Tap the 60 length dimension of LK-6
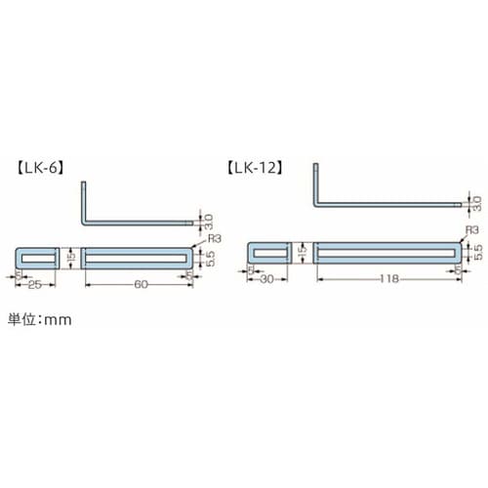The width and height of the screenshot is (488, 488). (140, 284)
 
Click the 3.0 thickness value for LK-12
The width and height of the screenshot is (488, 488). (476, 205)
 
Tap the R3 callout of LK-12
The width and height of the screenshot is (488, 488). (472, 229)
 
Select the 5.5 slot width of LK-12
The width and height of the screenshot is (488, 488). (477, 250)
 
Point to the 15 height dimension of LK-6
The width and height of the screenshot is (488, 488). (70, 257)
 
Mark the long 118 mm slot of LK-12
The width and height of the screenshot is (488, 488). (385, 251)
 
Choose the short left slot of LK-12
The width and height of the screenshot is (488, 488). (269, 251)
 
